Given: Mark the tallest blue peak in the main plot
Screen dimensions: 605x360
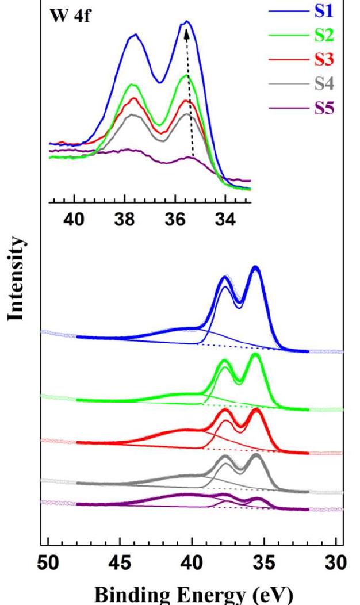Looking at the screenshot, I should [x=256, y=268].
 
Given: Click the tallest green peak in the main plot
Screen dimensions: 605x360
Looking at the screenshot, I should [x=256, y=355].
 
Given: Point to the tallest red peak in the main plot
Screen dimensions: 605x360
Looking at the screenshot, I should [x=256, y=410].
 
